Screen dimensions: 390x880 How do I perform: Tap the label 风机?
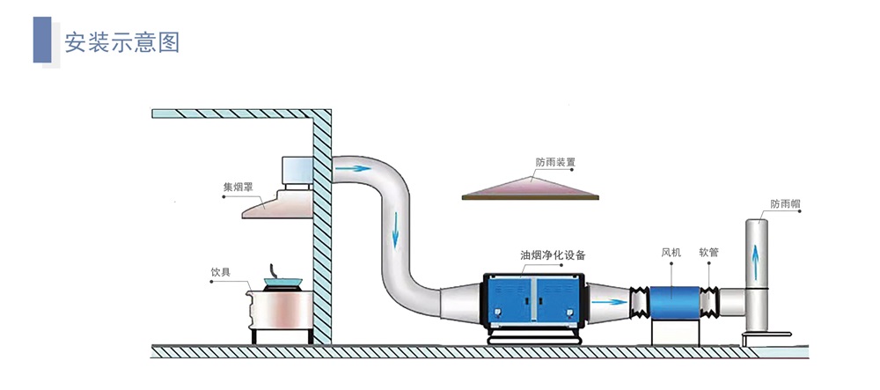pos(671,252)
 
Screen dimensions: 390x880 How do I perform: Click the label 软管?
pos(709,252)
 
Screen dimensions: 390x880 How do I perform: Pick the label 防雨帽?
pos(785,204)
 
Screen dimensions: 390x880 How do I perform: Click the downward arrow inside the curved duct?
pos(395,229)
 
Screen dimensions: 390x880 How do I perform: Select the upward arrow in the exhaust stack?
pos(756,260)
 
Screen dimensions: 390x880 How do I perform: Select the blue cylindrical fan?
pos(675,302)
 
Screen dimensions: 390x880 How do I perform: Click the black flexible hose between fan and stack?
pos(709,302)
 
